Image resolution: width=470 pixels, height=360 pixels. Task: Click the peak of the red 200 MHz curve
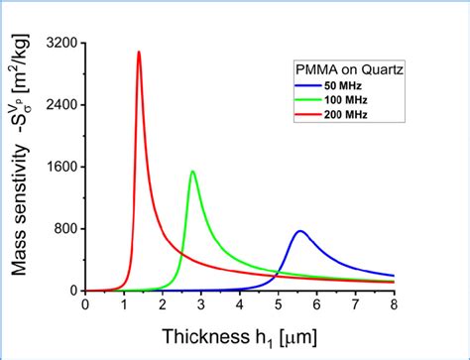tap(139, 52)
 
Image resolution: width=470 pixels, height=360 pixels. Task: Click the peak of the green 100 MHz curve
tap(192, 172)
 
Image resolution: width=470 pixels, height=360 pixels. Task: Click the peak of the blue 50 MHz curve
tap(300, 231)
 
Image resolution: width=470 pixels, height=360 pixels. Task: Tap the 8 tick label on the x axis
tap(395, 304)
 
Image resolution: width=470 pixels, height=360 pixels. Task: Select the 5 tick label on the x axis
tap(279, 304)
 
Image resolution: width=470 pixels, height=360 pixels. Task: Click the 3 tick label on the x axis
tap(201, 304)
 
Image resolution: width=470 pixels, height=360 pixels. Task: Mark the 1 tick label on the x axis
tap(124, 304)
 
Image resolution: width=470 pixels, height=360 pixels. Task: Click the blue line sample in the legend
tap(307, 89)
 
